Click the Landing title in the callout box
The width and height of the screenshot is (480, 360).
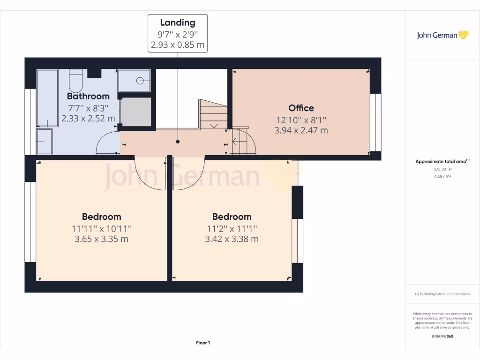[x=178, y=22]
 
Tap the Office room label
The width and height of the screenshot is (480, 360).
[x=301, y=108]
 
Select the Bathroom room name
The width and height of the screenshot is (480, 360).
[x=88, y=97]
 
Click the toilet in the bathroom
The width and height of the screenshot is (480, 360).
[x=75, y=81]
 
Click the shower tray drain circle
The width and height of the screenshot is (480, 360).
[x=140, y=81]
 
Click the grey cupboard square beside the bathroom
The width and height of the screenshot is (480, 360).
[x=136, y=112]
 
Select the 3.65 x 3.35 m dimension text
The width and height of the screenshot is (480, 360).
[x=101, y=239]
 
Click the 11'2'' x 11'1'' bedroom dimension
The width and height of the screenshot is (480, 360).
[x=232, y=229]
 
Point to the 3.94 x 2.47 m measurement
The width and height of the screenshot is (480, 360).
[x=301, y=130]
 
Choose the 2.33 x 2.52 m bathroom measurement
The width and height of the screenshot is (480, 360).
[x=88, y=119]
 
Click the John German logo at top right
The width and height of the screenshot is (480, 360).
[x=442, y=35]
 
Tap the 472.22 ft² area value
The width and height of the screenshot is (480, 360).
[x=442, y=169]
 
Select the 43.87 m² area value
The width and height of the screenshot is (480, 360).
[x=442, y=176]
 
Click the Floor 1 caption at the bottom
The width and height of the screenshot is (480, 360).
[x=202, y=343]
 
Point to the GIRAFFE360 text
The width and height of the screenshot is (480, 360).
[x=442, y=336]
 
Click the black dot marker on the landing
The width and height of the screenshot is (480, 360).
[x=178, y=142]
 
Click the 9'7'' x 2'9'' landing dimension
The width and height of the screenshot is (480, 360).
[x=178, y=34]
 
